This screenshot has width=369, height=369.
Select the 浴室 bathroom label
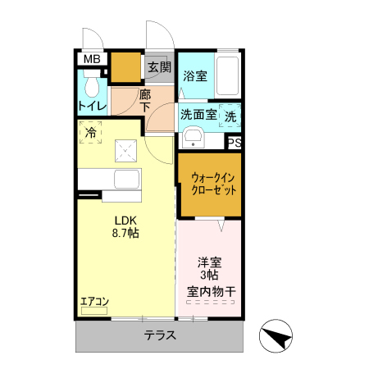195,76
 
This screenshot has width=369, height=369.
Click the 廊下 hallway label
144,100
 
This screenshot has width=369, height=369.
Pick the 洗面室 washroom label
198,115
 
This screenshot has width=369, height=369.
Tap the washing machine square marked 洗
230,116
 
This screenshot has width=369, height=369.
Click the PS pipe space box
235,142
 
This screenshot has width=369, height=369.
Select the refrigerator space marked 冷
90,131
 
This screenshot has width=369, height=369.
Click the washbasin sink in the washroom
194,136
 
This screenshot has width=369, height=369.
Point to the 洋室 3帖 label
209,270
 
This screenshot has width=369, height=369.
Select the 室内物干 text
209,291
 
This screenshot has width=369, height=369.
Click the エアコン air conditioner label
95,302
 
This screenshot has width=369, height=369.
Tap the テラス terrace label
160,335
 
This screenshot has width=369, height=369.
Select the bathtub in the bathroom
228,78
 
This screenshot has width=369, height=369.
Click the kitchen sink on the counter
126,180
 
